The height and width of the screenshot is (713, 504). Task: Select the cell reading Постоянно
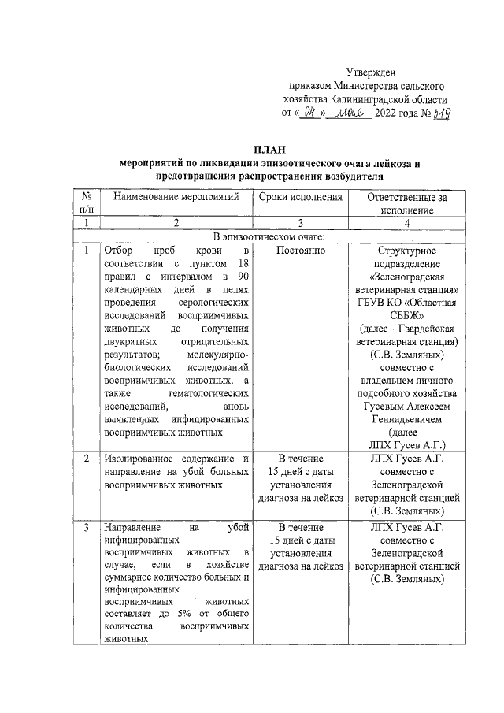click(x=301, y=250)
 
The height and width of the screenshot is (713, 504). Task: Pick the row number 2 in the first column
click(x=85, y=459)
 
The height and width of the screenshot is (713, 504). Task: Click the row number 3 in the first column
click(x=85, y=527)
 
